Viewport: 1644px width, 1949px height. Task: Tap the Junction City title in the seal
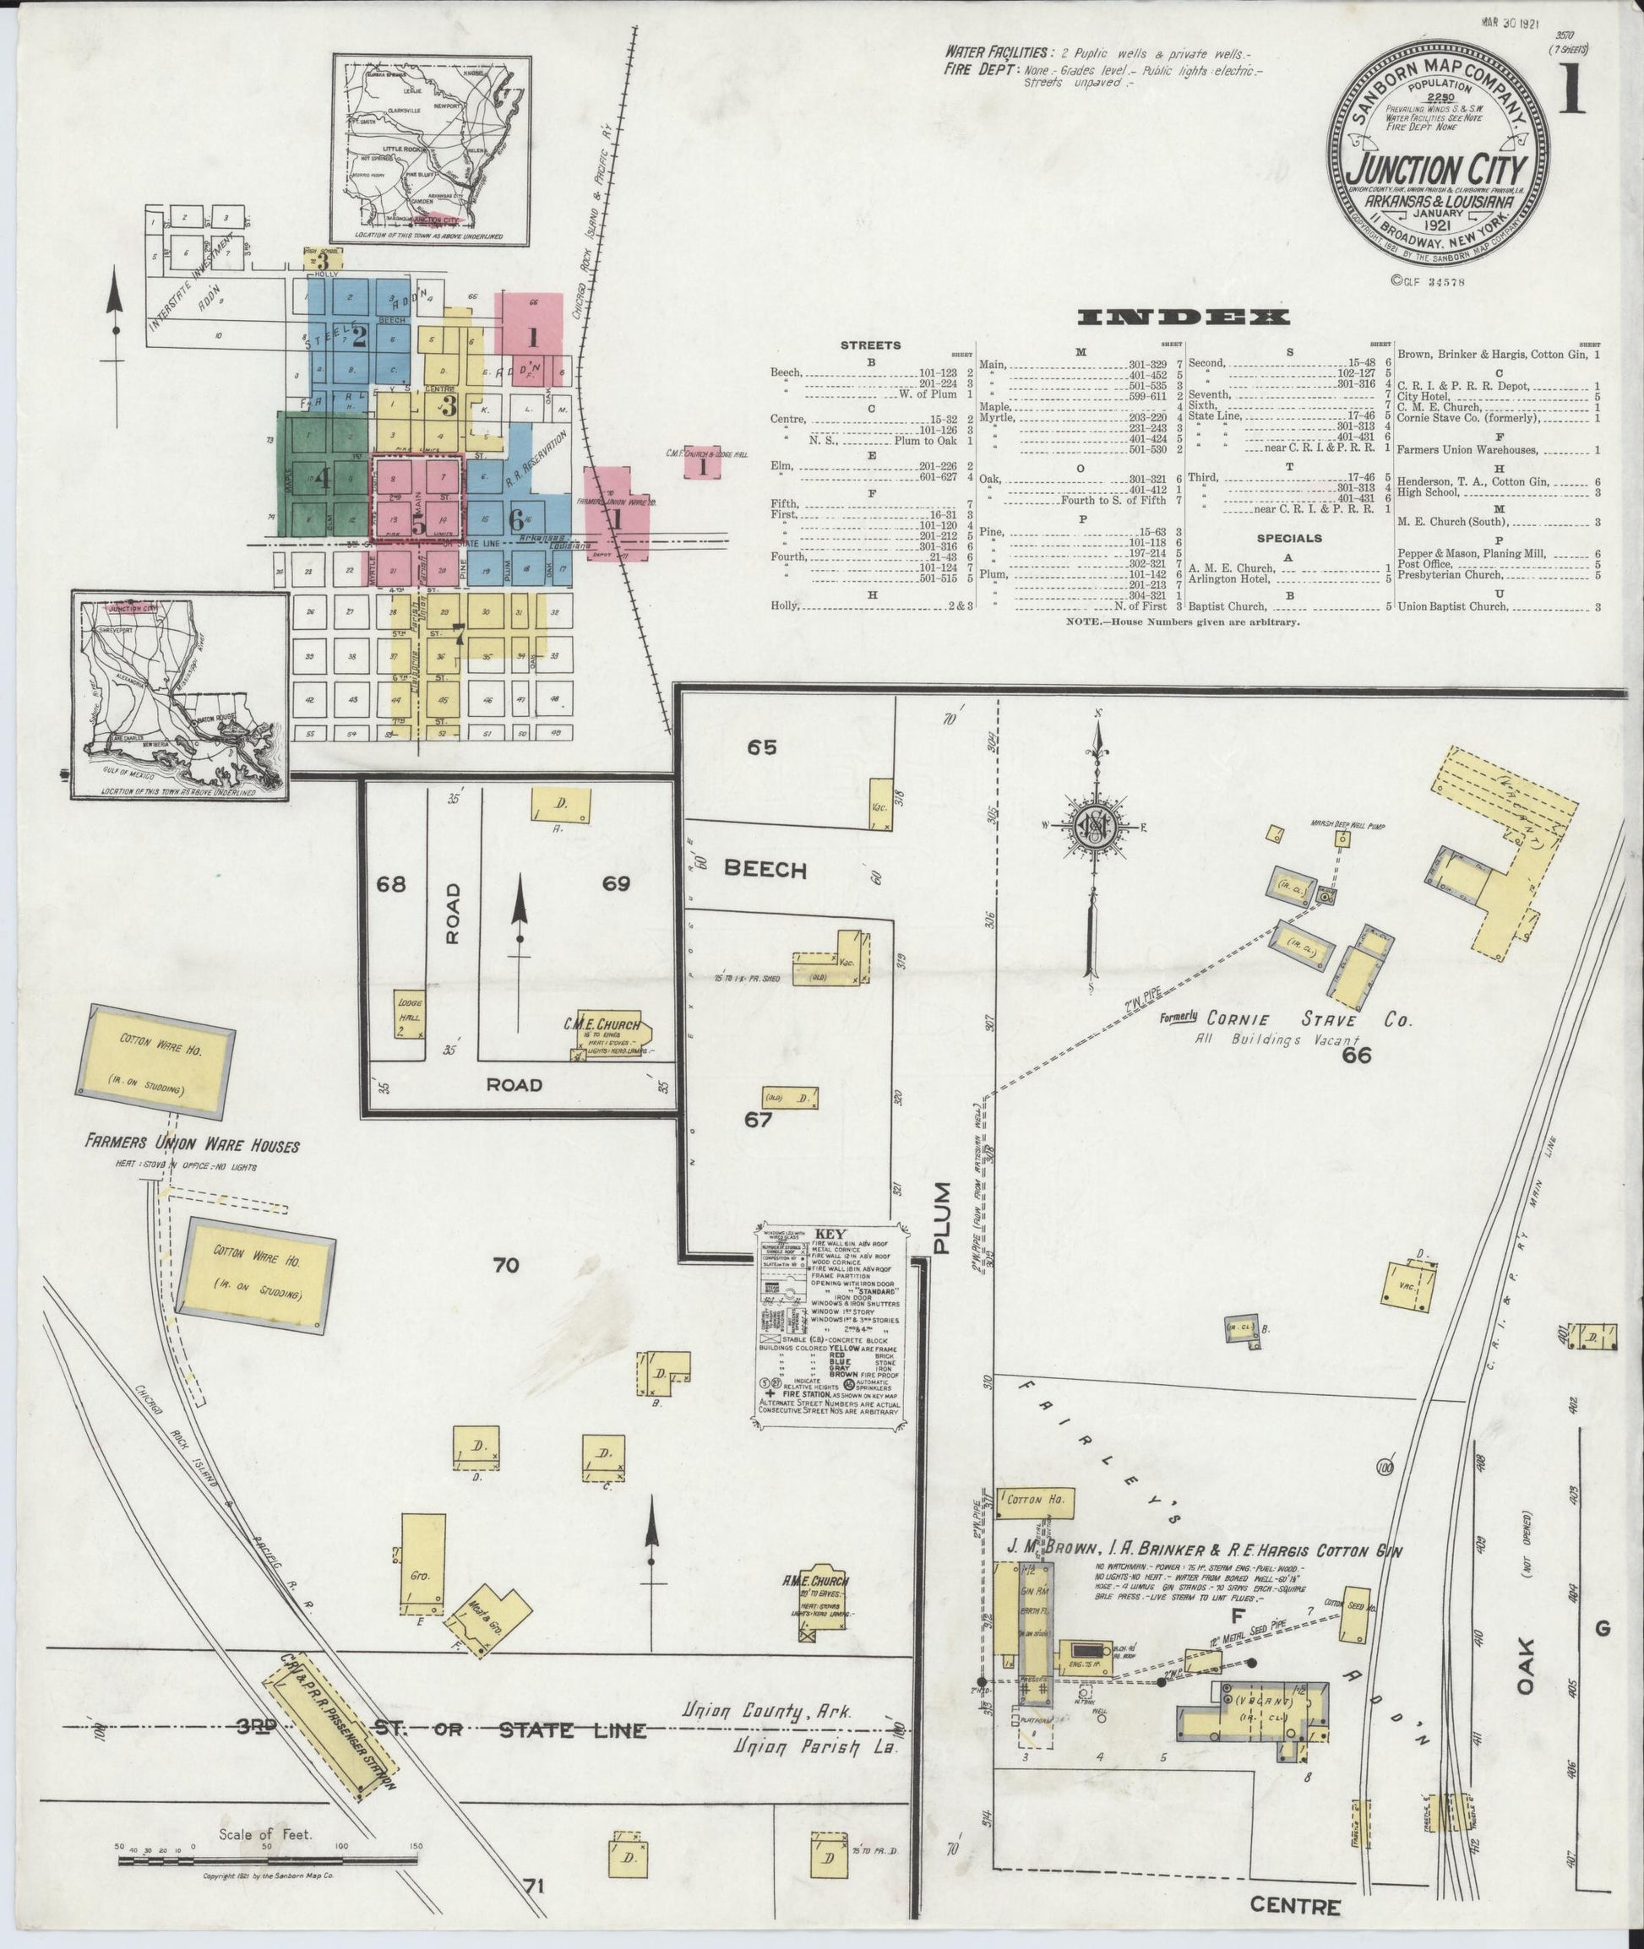(x=1438, y=171)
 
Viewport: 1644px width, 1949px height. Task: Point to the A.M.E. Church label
(x=817, y=1581)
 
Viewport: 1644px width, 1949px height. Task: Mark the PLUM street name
(x=943, y=1219)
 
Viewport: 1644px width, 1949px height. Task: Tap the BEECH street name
(x=765, y=869)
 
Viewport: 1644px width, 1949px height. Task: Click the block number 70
(x=507, y=1265)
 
